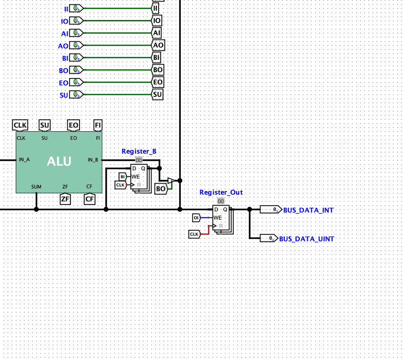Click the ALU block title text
pyautogui.click(x=59, y=161)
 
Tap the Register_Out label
pyautogui.click(x=221, y=192)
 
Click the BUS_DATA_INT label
pyautogui.click(x=308, y=210)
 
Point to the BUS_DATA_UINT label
pyautogui.click(x=306, y=239)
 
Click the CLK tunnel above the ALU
pyautogui.click(x=20, y=125)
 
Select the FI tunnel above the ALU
pyautogui.click(x=98, y=125)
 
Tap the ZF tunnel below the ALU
pyautogui.click(x=65, y=199)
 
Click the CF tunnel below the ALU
pyautogui.click(x=90, y=199)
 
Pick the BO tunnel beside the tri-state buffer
pyautogui.click(x=161, y=189)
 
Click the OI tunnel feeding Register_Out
pyautogui.click(x=196, y=218)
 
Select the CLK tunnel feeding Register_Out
pyautogui.click(x=194, y=234)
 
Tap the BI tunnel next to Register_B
pyautogui.click(x=122, y=177)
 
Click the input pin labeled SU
pyautogui.click(x=76, y=95)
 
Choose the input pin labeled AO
pyautogui.click(x=76, y=46)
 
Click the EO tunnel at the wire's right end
pyautogui.click(x=158, y=82)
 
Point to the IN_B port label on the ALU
pyautogui.click(x=93, y=160)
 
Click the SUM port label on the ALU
pyautogui.click(x=36, y=187)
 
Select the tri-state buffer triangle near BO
pyautogui.click(x=171, y=181)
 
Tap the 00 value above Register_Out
pyautogui.click(x=221, y=201)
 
